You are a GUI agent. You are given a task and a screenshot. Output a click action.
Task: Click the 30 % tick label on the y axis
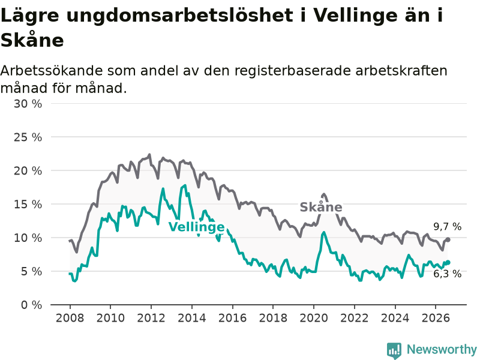(x=28, y=104)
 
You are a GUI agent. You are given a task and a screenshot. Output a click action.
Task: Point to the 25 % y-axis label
(x=28, y=137)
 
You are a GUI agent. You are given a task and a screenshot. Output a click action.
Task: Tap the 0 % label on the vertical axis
(x=32, y=305)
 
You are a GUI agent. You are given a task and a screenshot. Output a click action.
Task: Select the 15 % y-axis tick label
(x=28, y=204)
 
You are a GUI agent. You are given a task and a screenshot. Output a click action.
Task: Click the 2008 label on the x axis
(x=70, y=318)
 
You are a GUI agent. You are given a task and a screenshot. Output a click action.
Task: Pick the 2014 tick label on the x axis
(x=192, y=318)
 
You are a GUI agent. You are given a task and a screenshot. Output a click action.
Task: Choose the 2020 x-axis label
(x=314, y=318)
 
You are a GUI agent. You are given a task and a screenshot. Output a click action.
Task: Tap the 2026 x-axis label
(x=436, y=318)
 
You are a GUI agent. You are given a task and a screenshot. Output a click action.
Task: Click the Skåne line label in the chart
(x=321, y=207)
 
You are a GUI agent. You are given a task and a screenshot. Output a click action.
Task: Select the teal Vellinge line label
(x=197, y=227)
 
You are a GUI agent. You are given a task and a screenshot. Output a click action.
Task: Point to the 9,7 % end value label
(x=447, y=227)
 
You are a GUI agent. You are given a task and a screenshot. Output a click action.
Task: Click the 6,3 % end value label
(x=447, y=274)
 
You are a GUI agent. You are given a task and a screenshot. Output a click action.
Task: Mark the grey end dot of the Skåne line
(x=448, y=239)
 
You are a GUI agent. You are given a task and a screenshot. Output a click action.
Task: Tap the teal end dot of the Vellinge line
(x=448, y=262)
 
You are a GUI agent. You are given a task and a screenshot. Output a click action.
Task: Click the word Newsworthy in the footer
(x=442, y=349)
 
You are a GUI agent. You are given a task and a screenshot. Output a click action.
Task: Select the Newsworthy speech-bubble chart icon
(x=394, y=350)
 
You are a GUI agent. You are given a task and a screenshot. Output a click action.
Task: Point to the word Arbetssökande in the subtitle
(x=52, y=71)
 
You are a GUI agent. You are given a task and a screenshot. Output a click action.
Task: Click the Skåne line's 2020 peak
(x=323, y=194)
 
